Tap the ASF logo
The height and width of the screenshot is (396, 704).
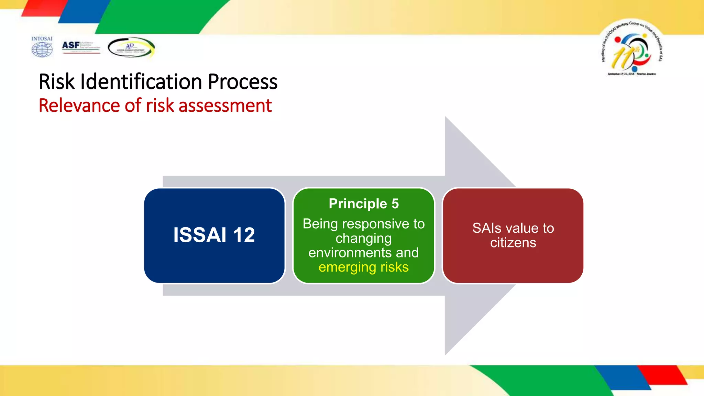click(81, 47)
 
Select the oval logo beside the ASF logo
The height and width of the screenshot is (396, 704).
click(131, 47)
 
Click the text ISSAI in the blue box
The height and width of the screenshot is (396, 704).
click(200, 235)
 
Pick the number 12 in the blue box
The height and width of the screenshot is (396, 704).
click(244, 235)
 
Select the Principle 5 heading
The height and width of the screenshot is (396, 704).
click(364, 203)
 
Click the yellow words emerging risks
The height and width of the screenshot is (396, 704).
click(364, 267)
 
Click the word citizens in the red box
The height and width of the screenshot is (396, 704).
click(513, 243)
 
